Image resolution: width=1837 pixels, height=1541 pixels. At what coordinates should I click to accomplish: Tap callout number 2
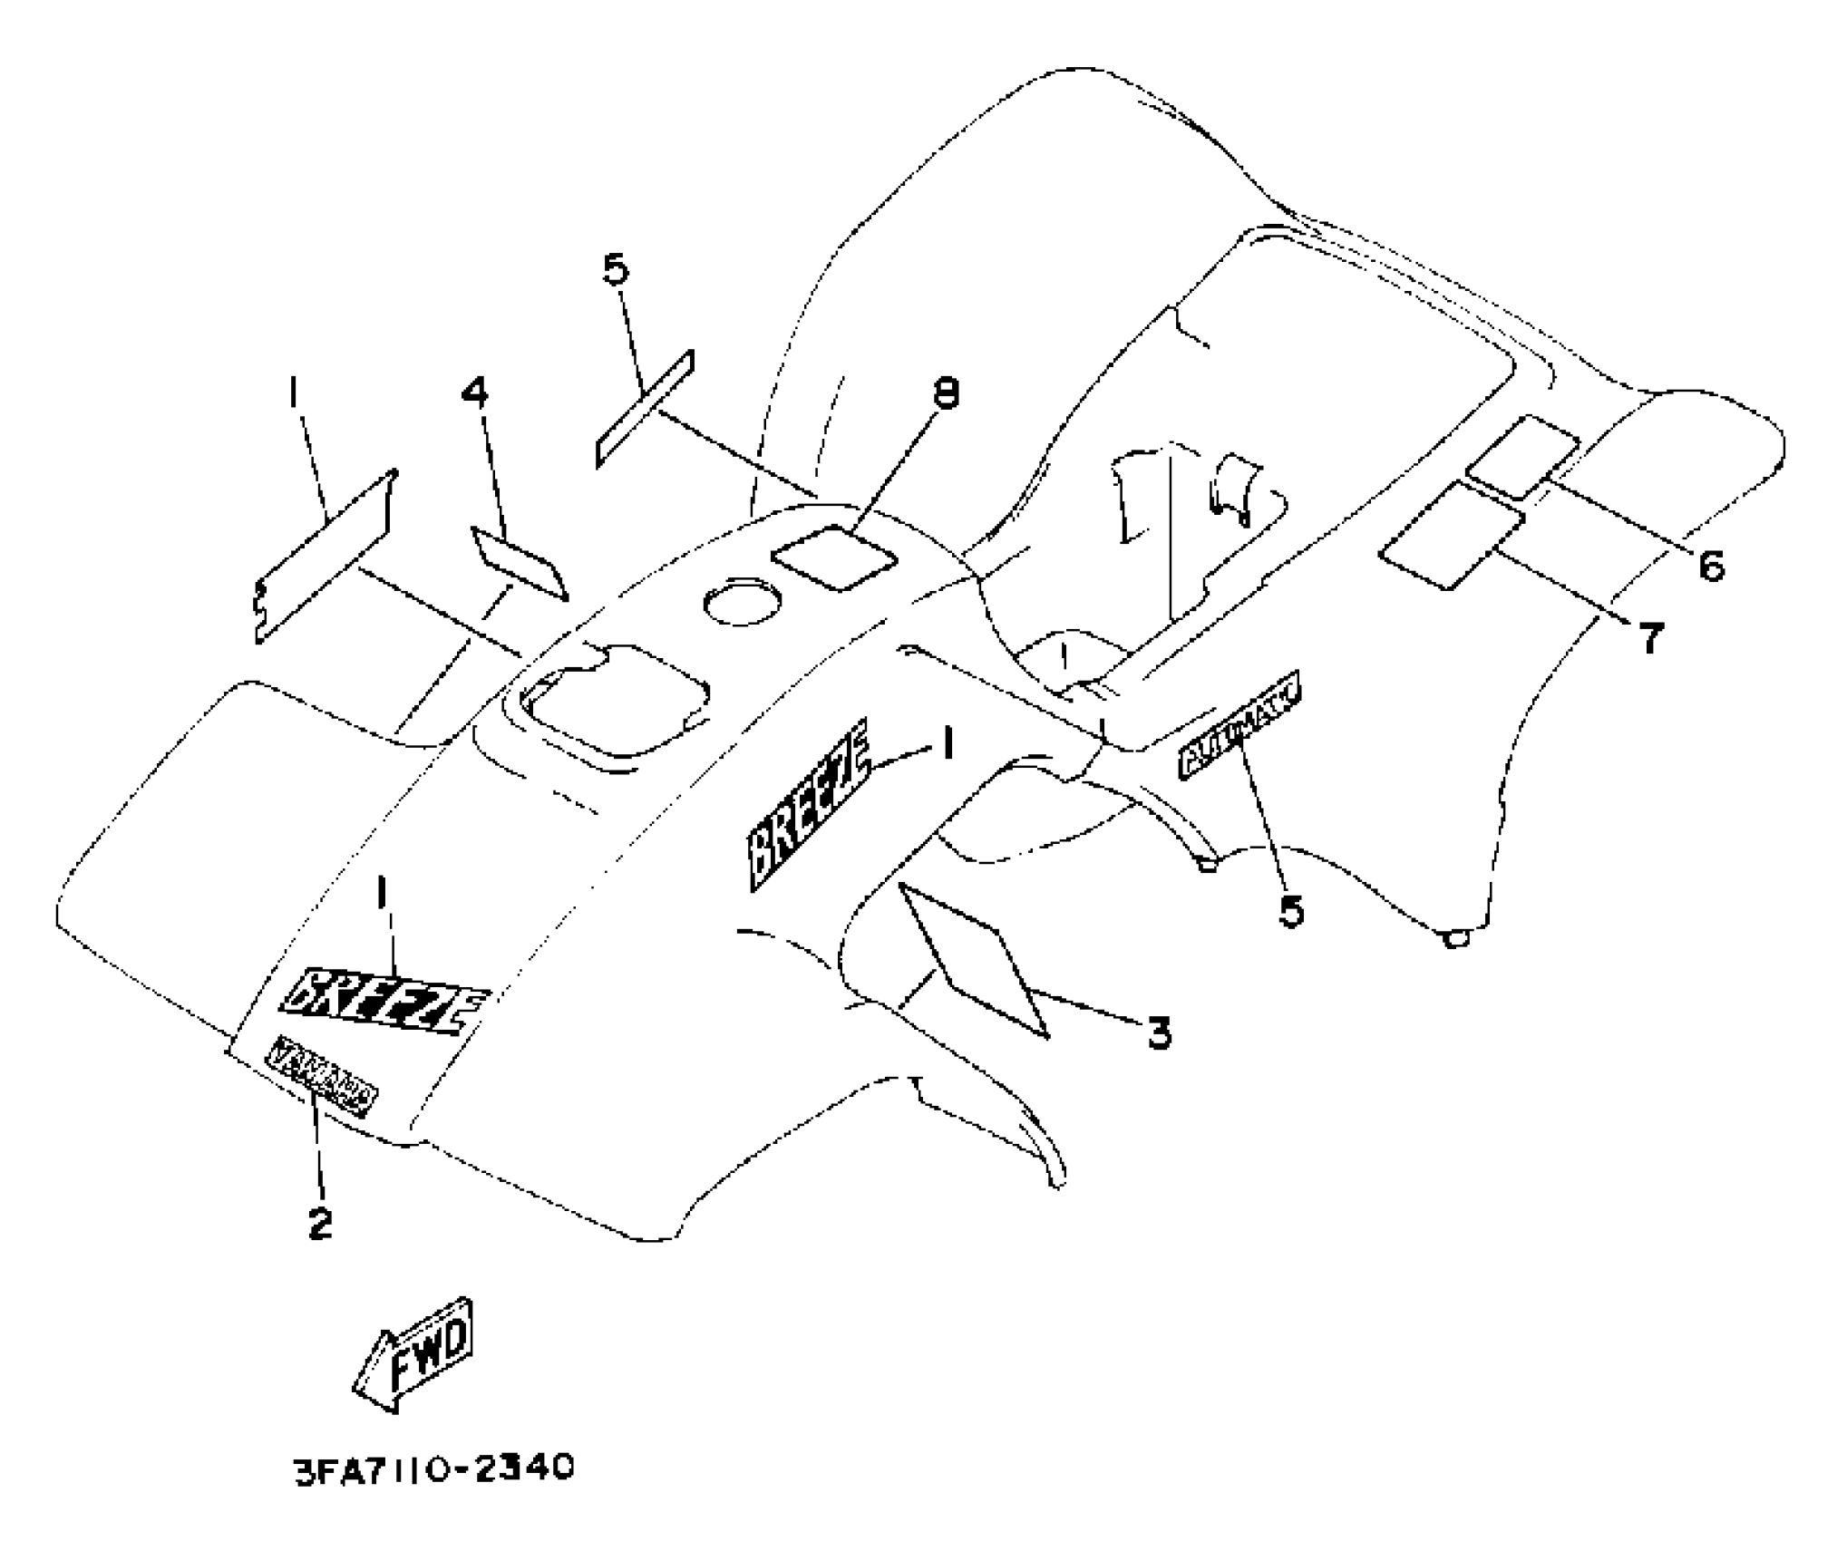319,1223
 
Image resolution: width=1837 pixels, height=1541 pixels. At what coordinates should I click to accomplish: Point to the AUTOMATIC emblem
1239,731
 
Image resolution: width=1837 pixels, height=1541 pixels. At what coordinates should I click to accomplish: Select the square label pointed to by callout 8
834,557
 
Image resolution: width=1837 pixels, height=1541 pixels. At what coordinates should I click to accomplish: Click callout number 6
1710,567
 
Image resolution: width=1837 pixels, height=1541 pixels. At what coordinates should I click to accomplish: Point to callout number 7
1651,638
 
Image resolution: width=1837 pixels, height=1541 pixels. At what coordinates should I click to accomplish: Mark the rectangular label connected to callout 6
1522,457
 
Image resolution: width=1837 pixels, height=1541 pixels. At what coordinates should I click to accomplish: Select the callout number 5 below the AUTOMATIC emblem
1291,910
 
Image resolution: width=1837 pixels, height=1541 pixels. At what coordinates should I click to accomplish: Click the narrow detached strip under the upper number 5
645,409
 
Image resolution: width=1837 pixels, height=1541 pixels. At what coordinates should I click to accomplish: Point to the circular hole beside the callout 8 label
743,601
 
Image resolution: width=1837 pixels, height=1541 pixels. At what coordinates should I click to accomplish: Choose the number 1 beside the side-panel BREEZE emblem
948,745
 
